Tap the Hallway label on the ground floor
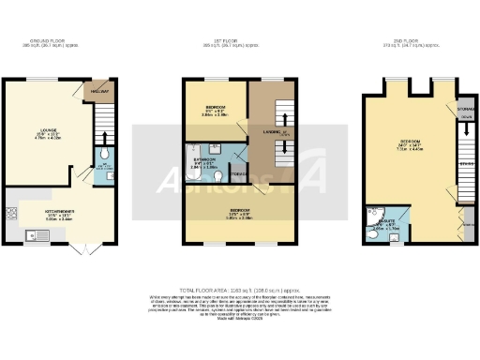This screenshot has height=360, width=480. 95,91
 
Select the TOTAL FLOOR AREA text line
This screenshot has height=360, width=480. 240,292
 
